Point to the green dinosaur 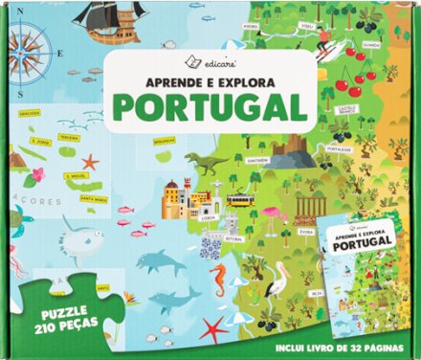[x=204, y=162]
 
